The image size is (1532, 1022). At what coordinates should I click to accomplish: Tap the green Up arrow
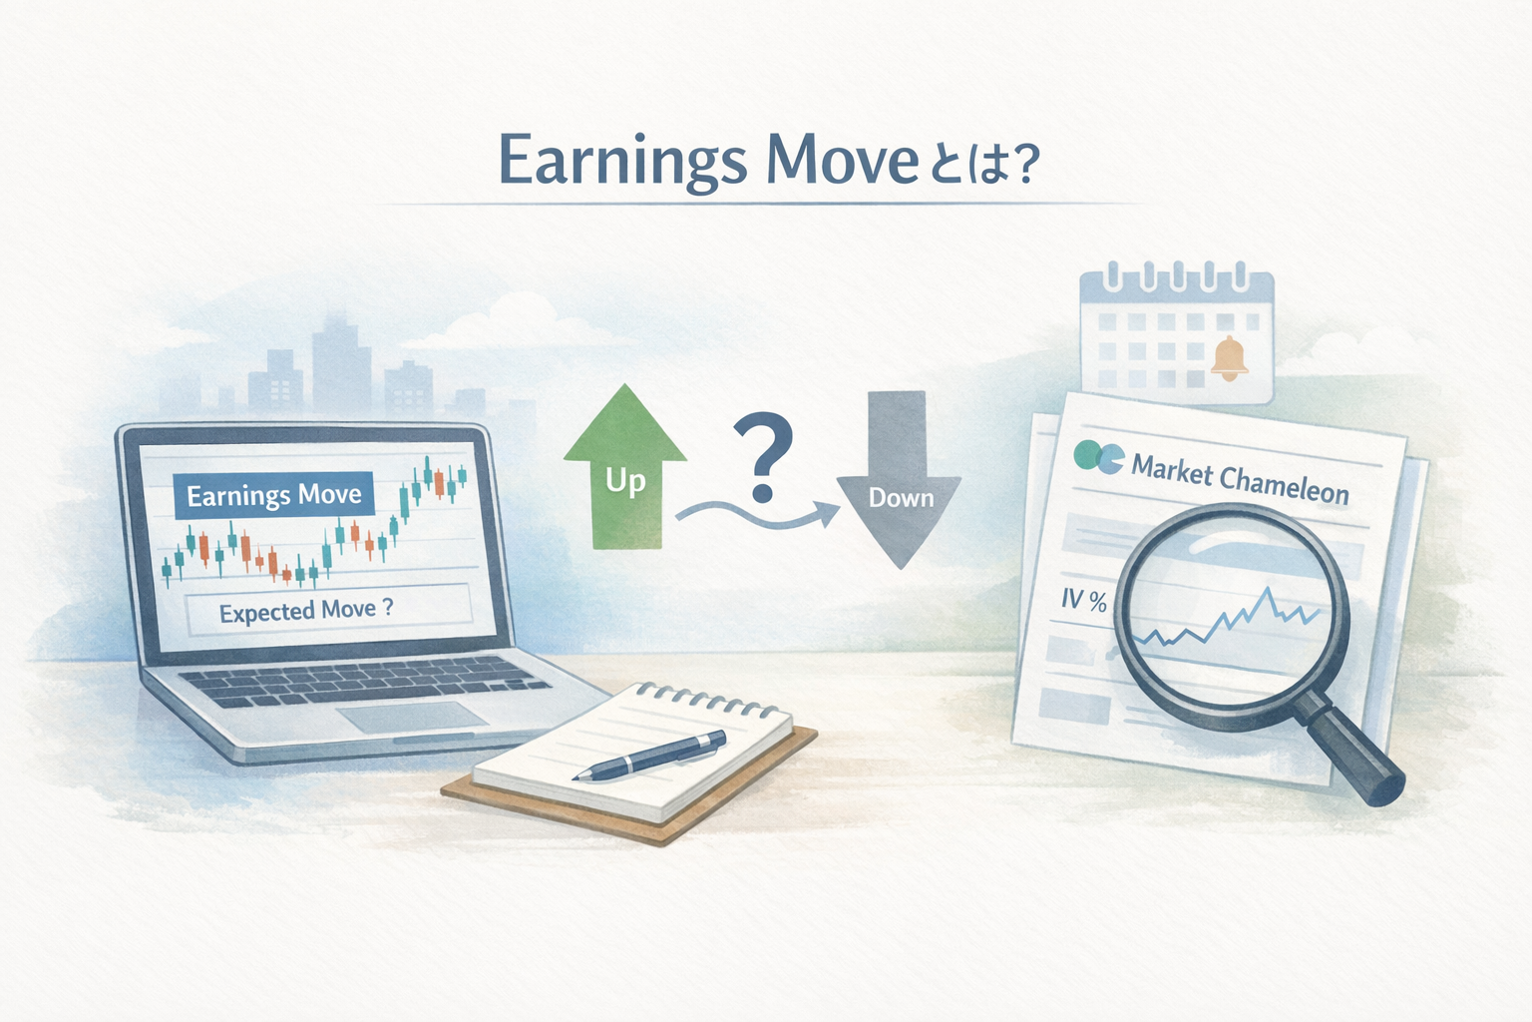point(625,467)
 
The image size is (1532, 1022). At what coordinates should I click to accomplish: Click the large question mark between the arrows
point(763,456)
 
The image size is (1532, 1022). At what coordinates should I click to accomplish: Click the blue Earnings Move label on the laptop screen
point(273,495)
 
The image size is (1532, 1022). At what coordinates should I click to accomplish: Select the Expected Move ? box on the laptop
point(328,610)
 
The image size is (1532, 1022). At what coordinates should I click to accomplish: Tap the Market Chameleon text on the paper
point(1240,480)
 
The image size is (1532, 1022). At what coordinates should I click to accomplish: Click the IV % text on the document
point(1084,601)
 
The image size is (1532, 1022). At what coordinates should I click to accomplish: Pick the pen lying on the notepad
point(649,756)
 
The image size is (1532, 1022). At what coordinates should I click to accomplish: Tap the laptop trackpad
point(412,717)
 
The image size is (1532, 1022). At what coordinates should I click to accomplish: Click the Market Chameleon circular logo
point(1098,457)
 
